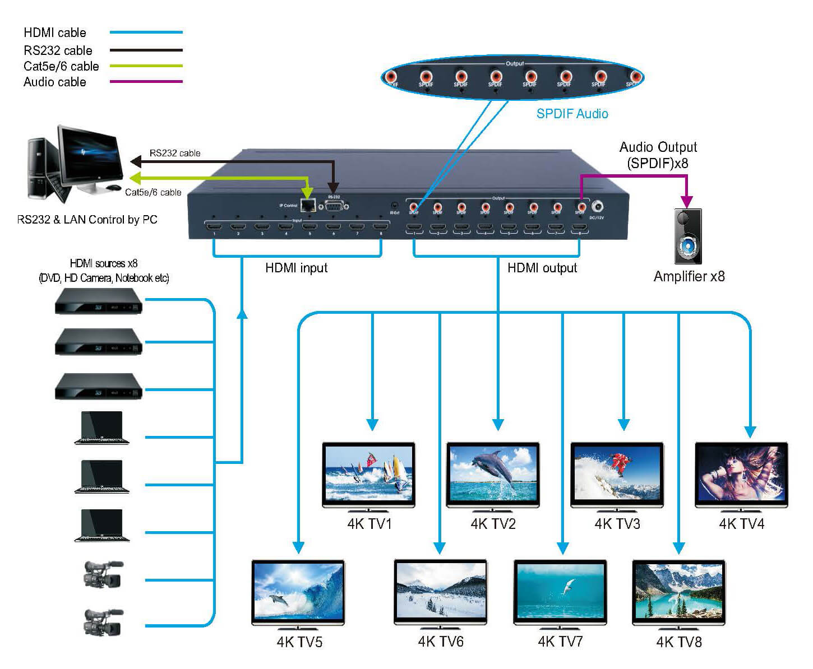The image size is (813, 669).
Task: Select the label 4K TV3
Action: (x=617, y=524)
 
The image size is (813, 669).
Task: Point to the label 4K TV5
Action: (x=299, y=642)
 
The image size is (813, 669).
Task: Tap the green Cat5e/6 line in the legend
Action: (x=146, y=66)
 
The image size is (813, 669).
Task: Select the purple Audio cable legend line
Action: (x=146, y=82)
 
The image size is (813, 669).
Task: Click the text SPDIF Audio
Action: (x=572, y=114)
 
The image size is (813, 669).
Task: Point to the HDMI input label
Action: (x=296, y=268)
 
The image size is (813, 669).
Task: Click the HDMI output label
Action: (x=542, y=268)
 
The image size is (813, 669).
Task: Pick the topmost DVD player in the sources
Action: (x=99, y=301)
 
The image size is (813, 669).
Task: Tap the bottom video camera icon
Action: (x=102, y=621)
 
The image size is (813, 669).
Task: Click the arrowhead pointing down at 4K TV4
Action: (x=750, y=431)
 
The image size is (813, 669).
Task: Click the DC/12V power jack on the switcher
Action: (x=598, y=207)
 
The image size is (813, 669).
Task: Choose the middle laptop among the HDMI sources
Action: (x=102, y=476)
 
